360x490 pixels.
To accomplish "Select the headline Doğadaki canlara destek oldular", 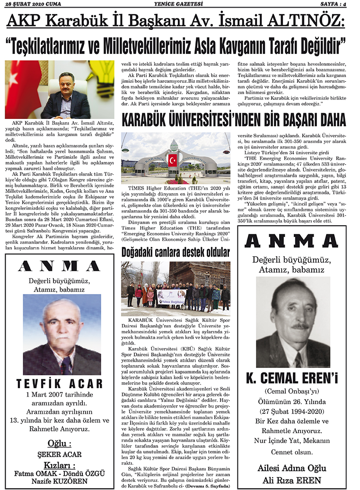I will (x=176, y=252).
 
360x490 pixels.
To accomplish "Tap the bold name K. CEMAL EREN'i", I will (x=292, y=379).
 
